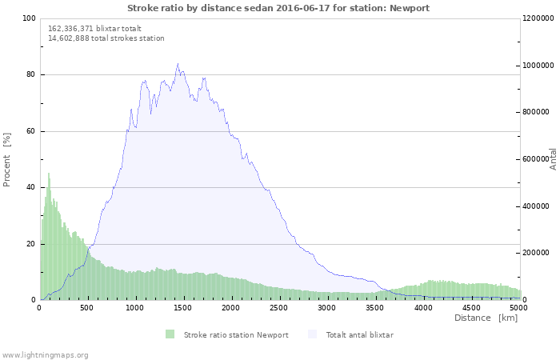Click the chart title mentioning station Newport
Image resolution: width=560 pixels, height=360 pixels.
tap(278, 8)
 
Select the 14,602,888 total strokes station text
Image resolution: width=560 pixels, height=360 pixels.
tap(106, 38)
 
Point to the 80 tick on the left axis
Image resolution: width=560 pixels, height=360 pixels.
tap(30, 75)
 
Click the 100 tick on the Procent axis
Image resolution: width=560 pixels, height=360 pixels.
tap(29, 18)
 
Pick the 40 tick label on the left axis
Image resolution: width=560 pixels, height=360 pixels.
tap(30, 188)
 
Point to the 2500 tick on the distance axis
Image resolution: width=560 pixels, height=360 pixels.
tap(279, 308)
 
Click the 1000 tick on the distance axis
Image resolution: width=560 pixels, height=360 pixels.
tap(135, 308)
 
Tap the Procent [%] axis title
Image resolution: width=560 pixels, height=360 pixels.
tap(7, 159)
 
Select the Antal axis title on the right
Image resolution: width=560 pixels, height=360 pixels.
tap(553, 158)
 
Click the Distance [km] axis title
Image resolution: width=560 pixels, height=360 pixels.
tap(486, 318)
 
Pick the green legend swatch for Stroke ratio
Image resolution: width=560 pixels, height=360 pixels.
tap(170, 334)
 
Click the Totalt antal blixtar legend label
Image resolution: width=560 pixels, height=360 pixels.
tap(359, 334)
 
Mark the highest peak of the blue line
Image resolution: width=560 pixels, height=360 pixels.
tap(178, 64)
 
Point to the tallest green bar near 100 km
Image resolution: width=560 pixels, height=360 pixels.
tap(49, 174)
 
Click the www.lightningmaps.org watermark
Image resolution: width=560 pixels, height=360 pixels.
tap(46, 354)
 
